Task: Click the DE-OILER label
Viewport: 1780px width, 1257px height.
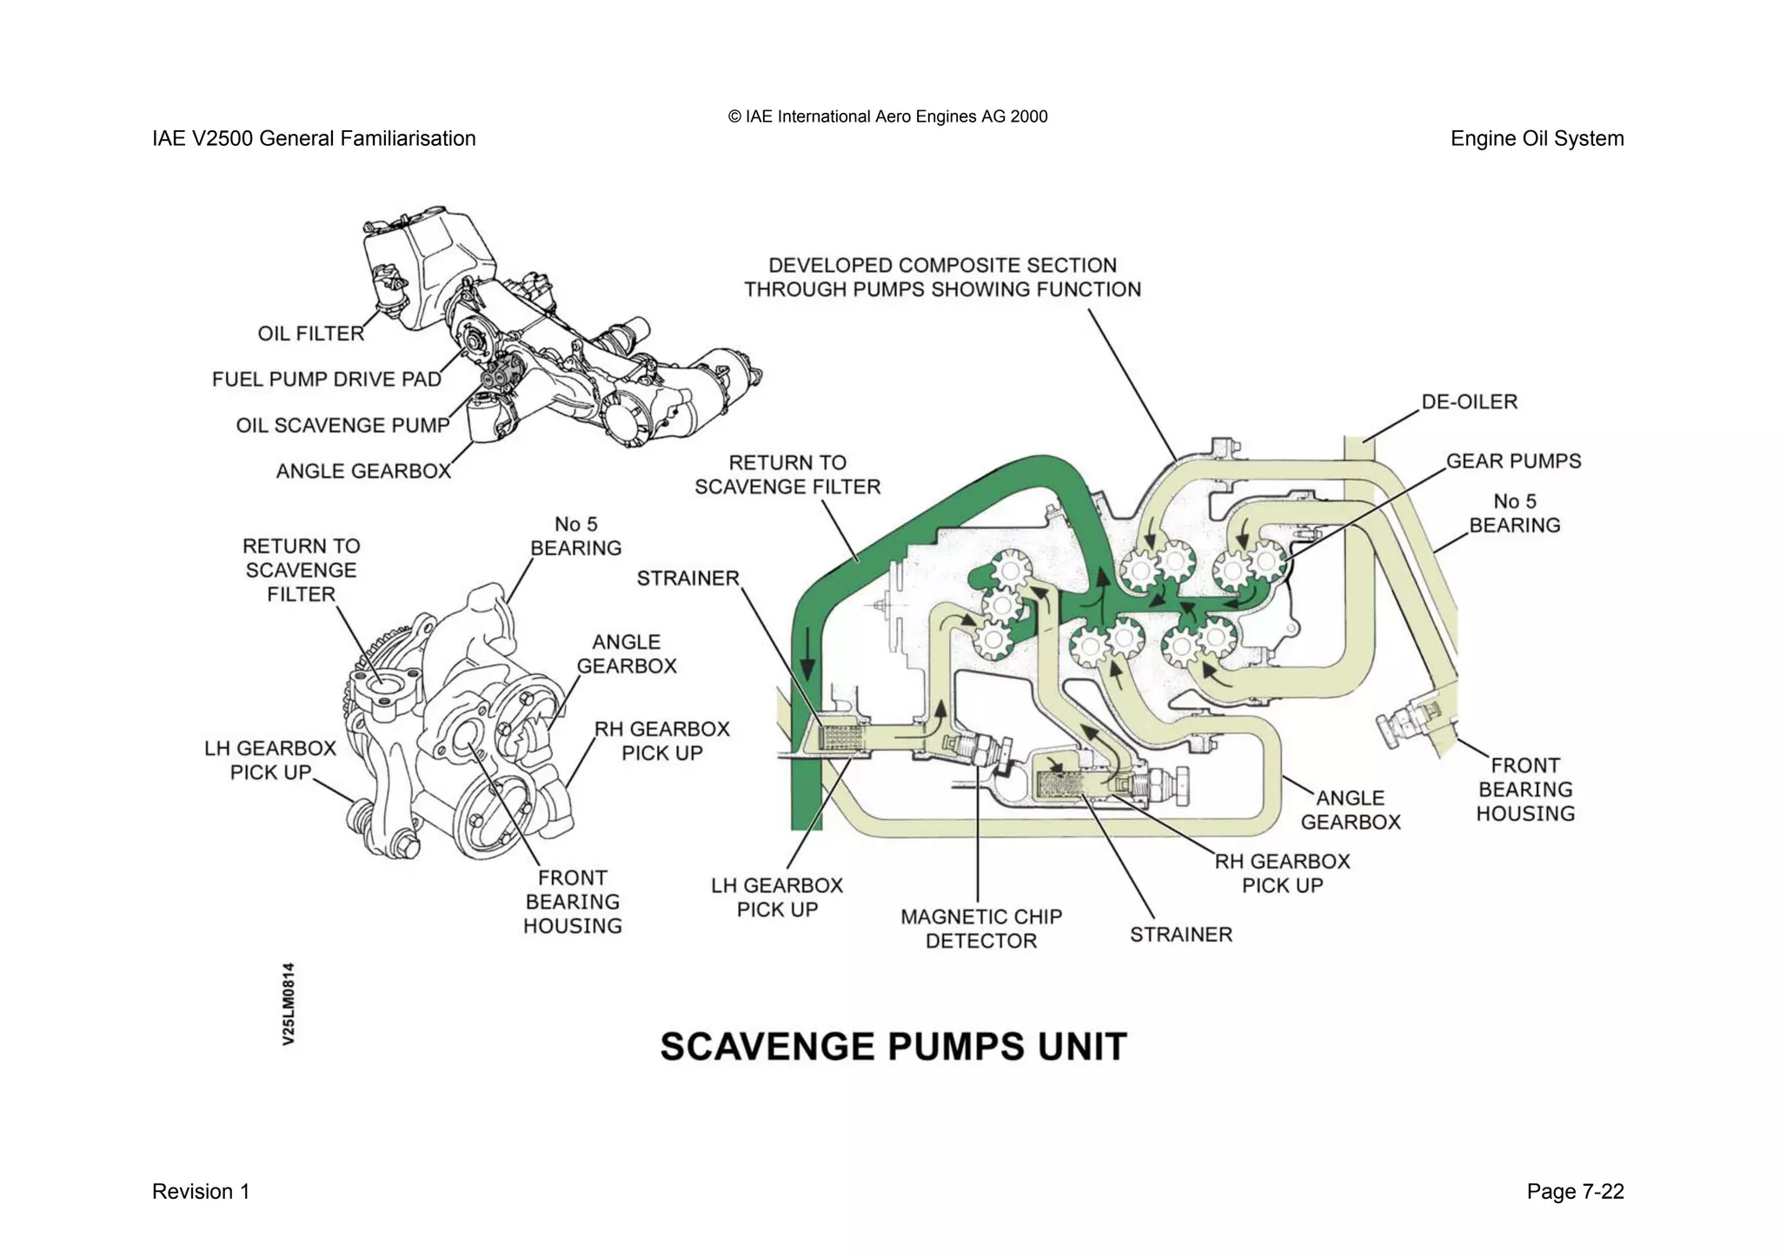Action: point(1469,402)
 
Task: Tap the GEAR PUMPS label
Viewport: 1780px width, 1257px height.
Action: point(1513,461)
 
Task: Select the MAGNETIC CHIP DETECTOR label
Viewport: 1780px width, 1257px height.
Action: point(981,929)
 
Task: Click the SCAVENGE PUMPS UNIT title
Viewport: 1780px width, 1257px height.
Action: point(893,1047)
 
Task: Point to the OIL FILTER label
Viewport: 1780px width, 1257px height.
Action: point(310,334)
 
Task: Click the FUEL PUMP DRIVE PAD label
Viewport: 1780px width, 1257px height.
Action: point(326,380)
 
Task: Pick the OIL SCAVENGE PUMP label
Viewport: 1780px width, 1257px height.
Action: point(342,426)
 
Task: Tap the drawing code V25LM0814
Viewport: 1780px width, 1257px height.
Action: point(289,1003)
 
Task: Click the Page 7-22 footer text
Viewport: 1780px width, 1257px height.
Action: point(1575,1192)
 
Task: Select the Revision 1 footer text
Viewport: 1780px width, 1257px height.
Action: point(201,1192)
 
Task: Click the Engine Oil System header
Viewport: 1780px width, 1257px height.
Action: point(1537,139)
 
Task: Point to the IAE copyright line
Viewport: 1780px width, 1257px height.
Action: point(887,116)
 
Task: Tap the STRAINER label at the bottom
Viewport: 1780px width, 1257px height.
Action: point(1180,935)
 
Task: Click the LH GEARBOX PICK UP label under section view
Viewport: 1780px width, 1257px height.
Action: point(777,897)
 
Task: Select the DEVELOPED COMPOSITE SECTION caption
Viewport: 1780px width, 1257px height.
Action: point(942,277)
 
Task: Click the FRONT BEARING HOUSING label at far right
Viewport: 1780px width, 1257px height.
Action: point(1525,790)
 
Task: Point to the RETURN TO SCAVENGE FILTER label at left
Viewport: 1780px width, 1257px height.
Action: point(301,570)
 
